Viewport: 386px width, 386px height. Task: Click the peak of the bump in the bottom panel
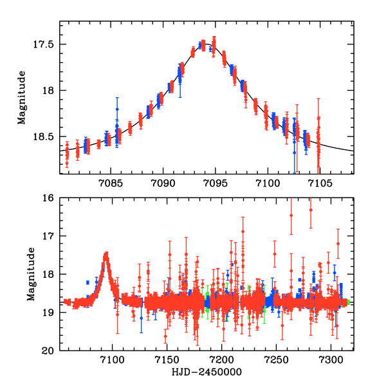coord(106,253)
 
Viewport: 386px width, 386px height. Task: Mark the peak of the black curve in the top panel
coord(203,44)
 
